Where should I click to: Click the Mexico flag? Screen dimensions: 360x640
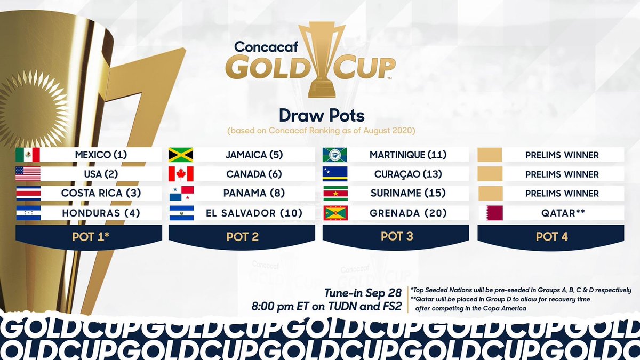coord(28,155)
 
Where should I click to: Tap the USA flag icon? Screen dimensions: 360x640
coord(28,174)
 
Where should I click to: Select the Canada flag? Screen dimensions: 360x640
coord(180,174)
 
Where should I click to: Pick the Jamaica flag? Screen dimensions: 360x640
coord(180,155)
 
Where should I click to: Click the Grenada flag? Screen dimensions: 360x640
coord(335,213)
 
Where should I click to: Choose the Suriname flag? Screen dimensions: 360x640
coord(335,194)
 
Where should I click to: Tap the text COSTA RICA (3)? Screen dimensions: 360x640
coord(101,194)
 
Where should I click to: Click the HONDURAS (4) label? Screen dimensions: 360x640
coord(101,213)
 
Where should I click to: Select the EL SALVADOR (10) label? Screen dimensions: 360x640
coord(254,213)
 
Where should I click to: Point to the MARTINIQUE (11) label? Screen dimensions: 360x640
coord(408,155)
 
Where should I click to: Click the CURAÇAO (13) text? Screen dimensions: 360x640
coord(408,174)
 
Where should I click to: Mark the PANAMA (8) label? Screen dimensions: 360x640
coord(254,194)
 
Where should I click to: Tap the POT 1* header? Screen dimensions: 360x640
coord(89,236)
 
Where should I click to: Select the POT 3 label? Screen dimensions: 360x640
coord(397,236)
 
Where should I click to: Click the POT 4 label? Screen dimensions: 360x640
coord(551,236)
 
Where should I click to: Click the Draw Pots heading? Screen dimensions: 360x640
coord(319,115)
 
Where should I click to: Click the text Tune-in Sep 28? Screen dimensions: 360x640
coord(363,293)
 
